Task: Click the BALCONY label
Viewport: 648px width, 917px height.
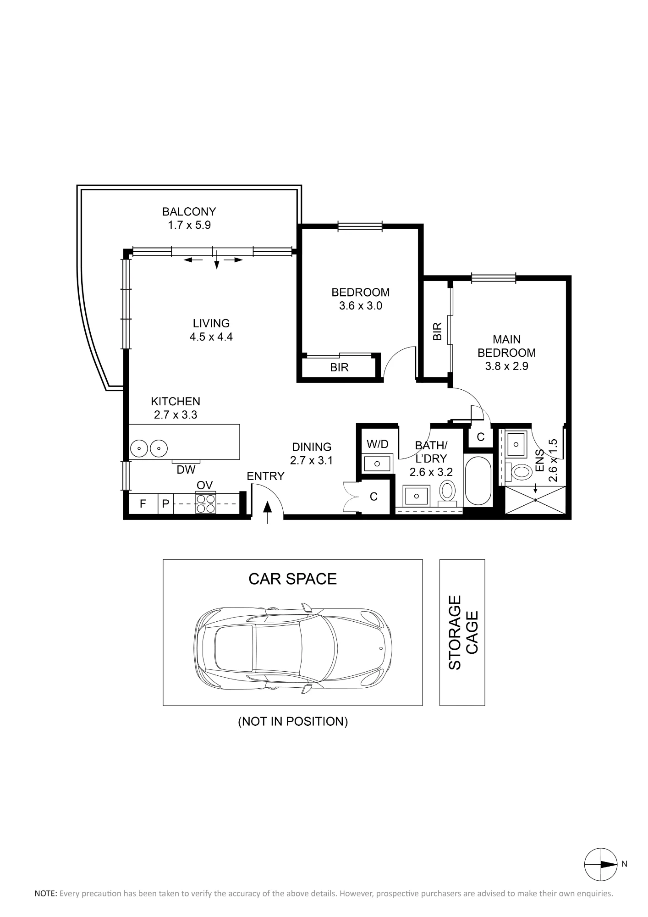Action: pyautogui.click(x=189, y=212)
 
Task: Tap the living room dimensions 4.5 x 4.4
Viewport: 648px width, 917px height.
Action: pyautogui.click(x=211, y=337)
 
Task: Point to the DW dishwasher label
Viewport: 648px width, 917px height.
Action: pyautogui.click(x=186, y=470)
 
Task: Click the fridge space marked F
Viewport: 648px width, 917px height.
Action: pyautogui.click(x=143, y=504)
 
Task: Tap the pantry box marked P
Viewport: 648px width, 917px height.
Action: pyautogui.click(x=166, y=504)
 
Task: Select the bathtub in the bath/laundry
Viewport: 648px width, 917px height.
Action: pyautogui.click(x=478, y=481)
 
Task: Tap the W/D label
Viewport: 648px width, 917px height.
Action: pyautogui.click(x=378, y=444)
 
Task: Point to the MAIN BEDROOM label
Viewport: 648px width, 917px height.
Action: pyautogui.click(x=507, y=346)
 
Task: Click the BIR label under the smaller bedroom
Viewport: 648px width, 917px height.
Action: pyautogui.click(x=339, y=367)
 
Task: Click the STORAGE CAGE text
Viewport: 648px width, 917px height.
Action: pyautogui.click(x=463, y=633)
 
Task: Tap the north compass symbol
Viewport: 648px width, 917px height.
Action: pyautogui.click(x=601, y=864)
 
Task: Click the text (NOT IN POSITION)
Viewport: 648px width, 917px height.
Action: pyautogui.click(x=293, y=721)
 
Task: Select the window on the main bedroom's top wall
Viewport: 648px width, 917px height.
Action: pyautogui.click(x=494, y=277)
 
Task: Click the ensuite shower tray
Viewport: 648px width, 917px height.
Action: pyautogui.click(x=536, y=500)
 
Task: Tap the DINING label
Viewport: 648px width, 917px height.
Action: pyautogui.click(x=312, y=447)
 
